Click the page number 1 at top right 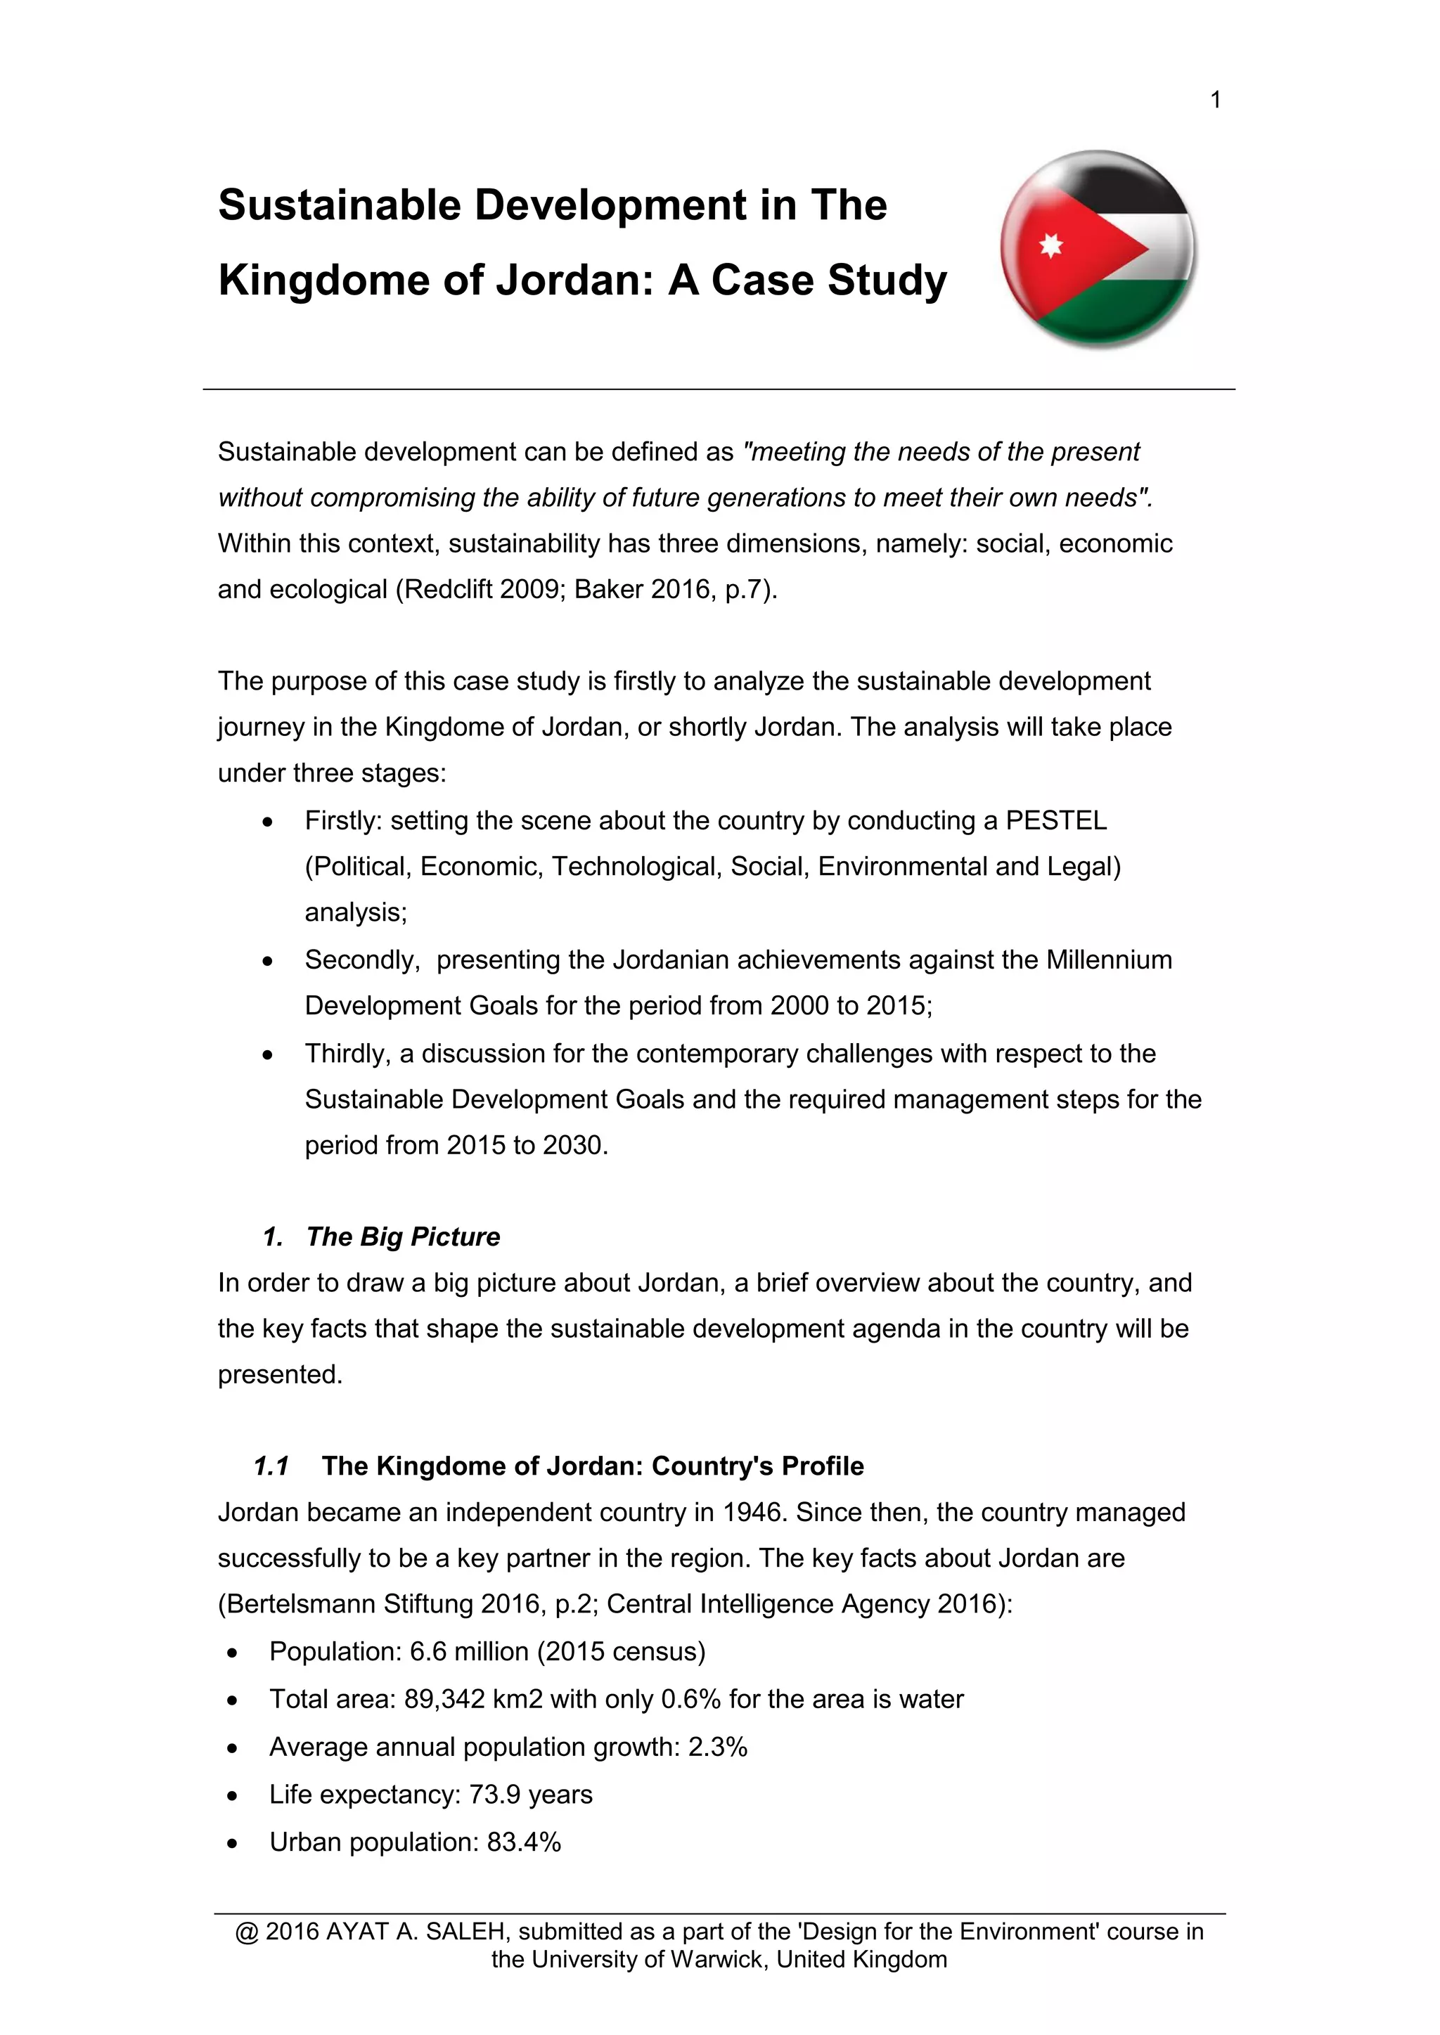[x=1216, y=100]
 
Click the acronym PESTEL [x=1056, y=821]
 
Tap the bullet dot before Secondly [x=268, y=961]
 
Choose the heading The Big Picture [x=403, y=1236]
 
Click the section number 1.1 [x=271, y=1466]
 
